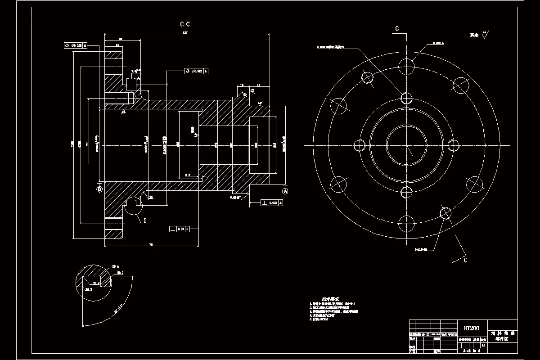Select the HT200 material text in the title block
[x=471, y=328]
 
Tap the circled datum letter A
[x=285, y=191]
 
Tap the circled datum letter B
[x=99, y=189]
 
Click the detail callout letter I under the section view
[x=145, y=220]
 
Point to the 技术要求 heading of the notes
[x=330, y=299]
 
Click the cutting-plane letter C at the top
[x=397, y=29]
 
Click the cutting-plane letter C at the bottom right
[x=465, y=260]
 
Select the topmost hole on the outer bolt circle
[x=406, y=64]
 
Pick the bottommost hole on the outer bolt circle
[x=406, y=222]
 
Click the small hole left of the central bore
[x=360, y=145]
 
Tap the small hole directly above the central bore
[x=406, y=98]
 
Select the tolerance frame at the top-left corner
[x=76, y=45]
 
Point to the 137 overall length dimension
[x=184, y=33]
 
